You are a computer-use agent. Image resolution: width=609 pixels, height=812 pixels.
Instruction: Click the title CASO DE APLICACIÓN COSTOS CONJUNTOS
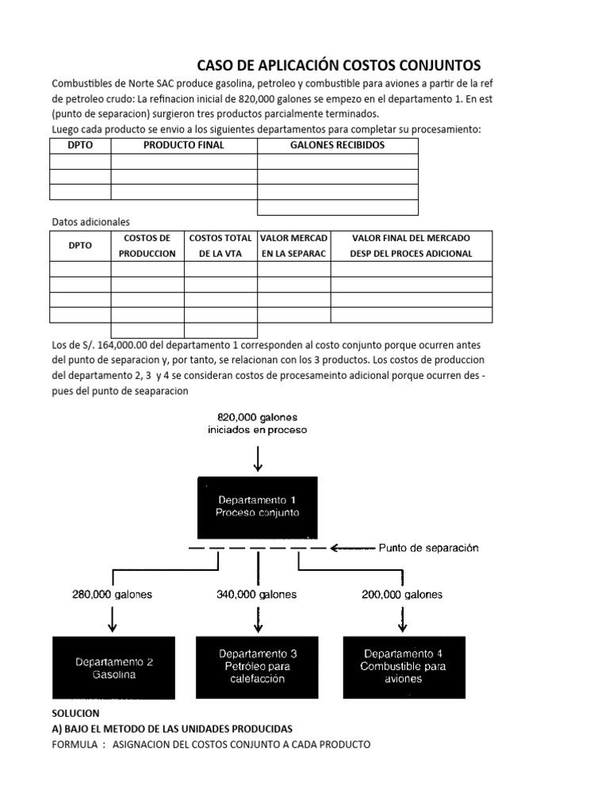coord(339,65)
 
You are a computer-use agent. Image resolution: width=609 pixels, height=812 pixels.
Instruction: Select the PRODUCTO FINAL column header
coord(184,145)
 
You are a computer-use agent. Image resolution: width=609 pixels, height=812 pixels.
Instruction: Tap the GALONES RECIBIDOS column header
coord(338,145)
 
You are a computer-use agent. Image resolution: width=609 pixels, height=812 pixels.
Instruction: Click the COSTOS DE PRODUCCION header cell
coord(147,246)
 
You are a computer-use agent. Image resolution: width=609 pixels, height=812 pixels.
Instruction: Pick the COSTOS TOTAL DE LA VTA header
coord(220,246)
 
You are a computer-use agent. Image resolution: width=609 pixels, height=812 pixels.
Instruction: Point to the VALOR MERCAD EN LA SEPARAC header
coord(293,246)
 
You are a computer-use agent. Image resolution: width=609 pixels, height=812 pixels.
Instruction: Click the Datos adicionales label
coord(90,221)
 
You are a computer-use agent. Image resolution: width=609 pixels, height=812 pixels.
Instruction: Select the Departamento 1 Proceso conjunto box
coord(258,507)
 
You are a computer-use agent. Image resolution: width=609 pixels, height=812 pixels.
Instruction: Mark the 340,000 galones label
coord(257,594)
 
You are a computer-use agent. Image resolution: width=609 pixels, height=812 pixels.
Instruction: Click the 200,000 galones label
coord(403,594)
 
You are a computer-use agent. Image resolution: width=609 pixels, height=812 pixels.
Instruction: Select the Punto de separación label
coord(428,548)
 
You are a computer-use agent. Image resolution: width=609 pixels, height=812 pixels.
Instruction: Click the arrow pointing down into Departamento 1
coord(258,457)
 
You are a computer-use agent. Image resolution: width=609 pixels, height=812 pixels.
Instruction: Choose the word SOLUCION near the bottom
coord(75,714)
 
